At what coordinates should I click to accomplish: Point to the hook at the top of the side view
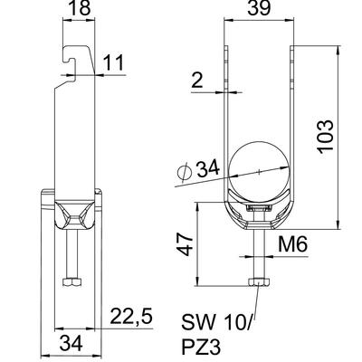pyautogui.click(x=71, y=55)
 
